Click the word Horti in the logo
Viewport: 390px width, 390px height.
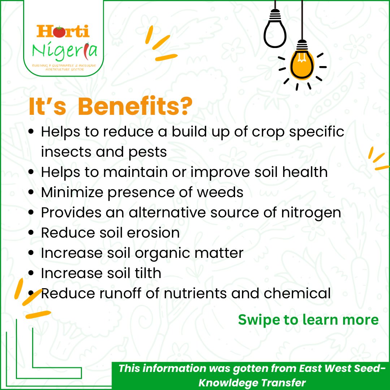click(x=63, y=31)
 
